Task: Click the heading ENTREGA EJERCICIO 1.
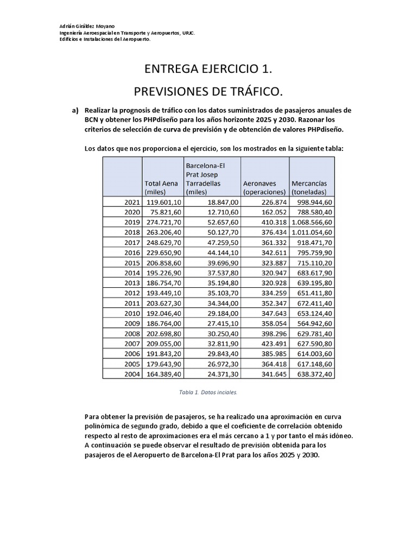click(x=208, y=69)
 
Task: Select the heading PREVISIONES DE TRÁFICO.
click(x=208, y=90)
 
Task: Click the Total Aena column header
click(x=161, y=187)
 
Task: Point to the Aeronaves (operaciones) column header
click(x=264, y=187)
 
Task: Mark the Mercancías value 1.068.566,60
click(x=312, y=223)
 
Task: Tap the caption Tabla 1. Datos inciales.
click(x=208, y=391)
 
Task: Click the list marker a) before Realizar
click(x=75, y=110)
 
